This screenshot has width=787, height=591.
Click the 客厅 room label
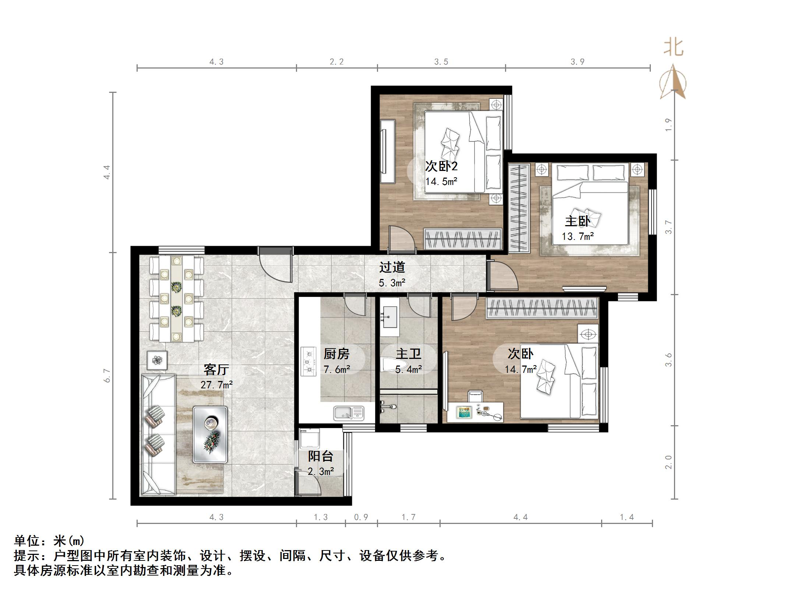216,369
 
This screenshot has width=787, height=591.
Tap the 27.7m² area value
216,385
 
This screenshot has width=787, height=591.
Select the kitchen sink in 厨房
348,413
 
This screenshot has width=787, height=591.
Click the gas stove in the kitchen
308,361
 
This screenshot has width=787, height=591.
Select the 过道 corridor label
392,267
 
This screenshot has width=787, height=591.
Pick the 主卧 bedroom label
577,221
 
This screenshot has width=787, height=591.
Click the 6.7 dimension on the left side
107,375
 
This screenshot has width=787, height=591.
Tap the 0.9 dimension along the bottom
361,517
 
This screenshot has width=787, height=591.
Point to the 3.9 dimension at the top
577,62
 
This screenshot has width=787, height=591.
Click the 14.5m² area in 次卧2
441,181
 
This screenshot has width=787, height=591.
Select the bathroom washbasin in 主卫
389,317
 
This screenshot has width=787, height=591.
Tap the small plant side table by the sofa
157,360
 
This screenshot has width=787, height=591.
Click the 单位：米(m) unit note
49,541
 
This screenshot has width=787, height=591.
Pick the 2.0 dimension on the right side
668,462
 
